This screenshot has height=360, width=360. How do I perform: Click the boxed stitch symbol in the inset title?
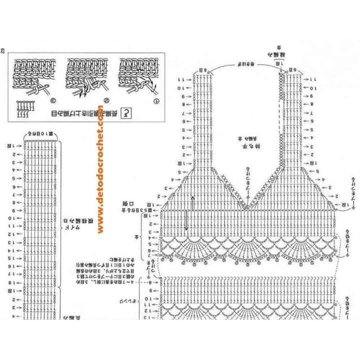tap(127, 113)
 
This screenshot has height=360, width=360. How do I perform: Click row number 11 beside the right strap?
tap(313, 79)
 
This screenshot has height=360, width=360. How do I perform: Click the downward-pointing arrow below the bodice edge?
tap(186, 222)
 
